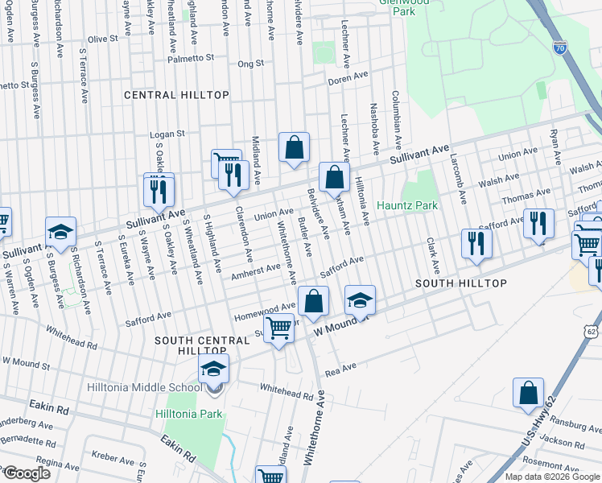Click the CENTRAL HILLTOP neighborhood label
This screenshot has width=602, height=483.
[176, 95]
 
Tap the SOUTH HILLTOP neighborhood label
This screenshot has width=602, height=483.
[460, 283]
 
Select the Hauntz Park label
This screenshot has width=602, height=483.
[407, 205]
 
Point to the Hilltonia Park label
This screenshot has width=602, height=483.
[188, 414]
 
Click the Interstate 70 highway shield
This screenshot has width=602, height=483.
[560, 49]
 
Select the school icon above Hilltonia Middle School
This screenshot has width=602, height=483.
[213, 369]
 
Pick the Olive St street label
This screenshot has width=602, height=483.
[102, 39]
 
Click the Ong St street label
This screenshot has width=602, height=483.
[250, 63]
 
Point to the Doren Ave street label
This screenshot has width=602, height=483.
[348, 81]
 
